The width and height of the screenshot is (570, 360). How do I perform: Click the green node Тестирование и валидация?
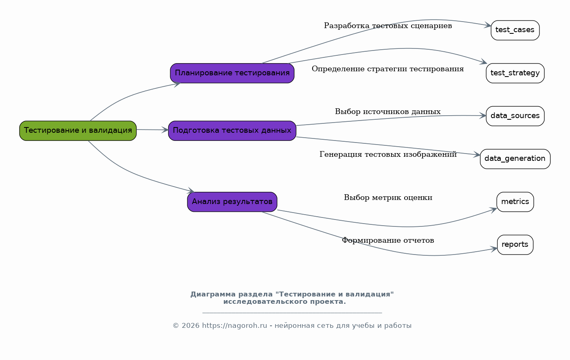[x=78, y=131]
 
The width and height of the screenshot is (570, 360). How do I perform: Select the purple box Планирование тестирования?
[x=232, y=73]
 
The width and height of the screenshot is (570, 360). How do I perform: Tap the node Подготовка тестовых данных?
[x=232, y=131]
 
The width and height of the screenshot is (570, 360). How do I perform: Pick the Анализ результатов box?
[x=232, y=202]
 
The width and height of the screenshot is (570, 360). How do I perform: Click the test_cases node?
[x=515, y=30]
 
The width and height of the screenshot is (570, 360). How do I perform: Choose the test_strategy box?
[x=515, y=73]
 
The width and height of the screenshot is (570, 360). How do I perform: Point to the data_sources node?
[x=515, y=116]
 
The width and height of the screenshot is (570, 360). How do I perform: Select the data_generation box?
[x=515, y=159]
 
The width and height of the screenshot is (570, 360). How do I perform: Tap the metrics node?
[x=515, y=202]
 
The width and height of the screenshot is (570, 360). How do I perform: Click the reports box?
[x=515, y=245]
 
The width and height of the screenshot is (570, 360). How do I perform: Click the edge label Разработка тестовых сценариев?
[x=388, y=26]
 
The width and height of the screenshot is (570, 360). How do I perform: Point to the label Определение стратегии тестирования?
[x=388, y=69]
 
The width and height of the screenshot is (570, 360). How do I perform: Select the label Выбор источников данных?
[x=388, y=112]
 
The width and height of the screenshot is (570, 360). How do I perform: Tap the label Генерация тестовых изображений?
[x=388, y=154]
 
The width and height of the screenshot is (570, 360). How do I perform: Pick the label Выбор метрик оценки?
[x=388, y=198]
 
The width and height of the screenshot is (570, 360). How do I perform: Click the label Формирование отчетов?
[x=388, y=240]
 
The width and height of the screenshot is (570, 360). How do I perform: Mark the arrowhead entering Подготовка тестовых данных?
[x=165, y=130]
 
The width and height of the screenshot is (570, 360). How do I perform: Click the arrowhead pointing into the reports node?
[x=494, y=249]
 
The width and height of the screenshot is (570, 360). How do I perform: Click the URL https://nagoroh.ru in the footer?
[x=234, y=326]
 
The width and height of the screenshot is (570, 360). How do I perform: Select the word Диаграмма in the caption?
[x=213, y=294]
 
